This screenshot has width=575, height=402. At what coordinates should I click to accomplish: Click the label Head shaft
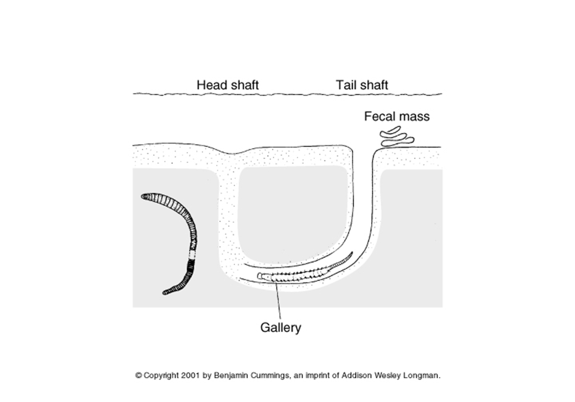(227, 85)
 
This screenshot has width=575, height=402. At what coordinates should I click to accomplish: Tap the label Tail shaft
(362, 85)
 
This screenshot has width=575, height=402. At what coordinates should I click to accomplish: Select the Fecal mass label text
(397, 116)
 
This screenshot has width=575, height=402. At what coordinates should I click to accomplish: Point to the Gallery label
(281, 327)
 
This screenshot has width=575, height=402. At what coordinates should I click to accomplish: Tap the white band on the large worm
(193, 254)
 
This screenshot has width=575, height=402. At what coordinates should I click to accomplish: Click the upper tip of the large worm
(145, 196)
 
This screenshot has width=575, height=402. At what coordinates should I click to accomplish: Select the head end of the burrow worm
(261, 276)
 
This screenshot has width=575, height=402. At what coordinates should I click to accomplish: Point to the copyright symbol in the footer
(138, 375)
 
